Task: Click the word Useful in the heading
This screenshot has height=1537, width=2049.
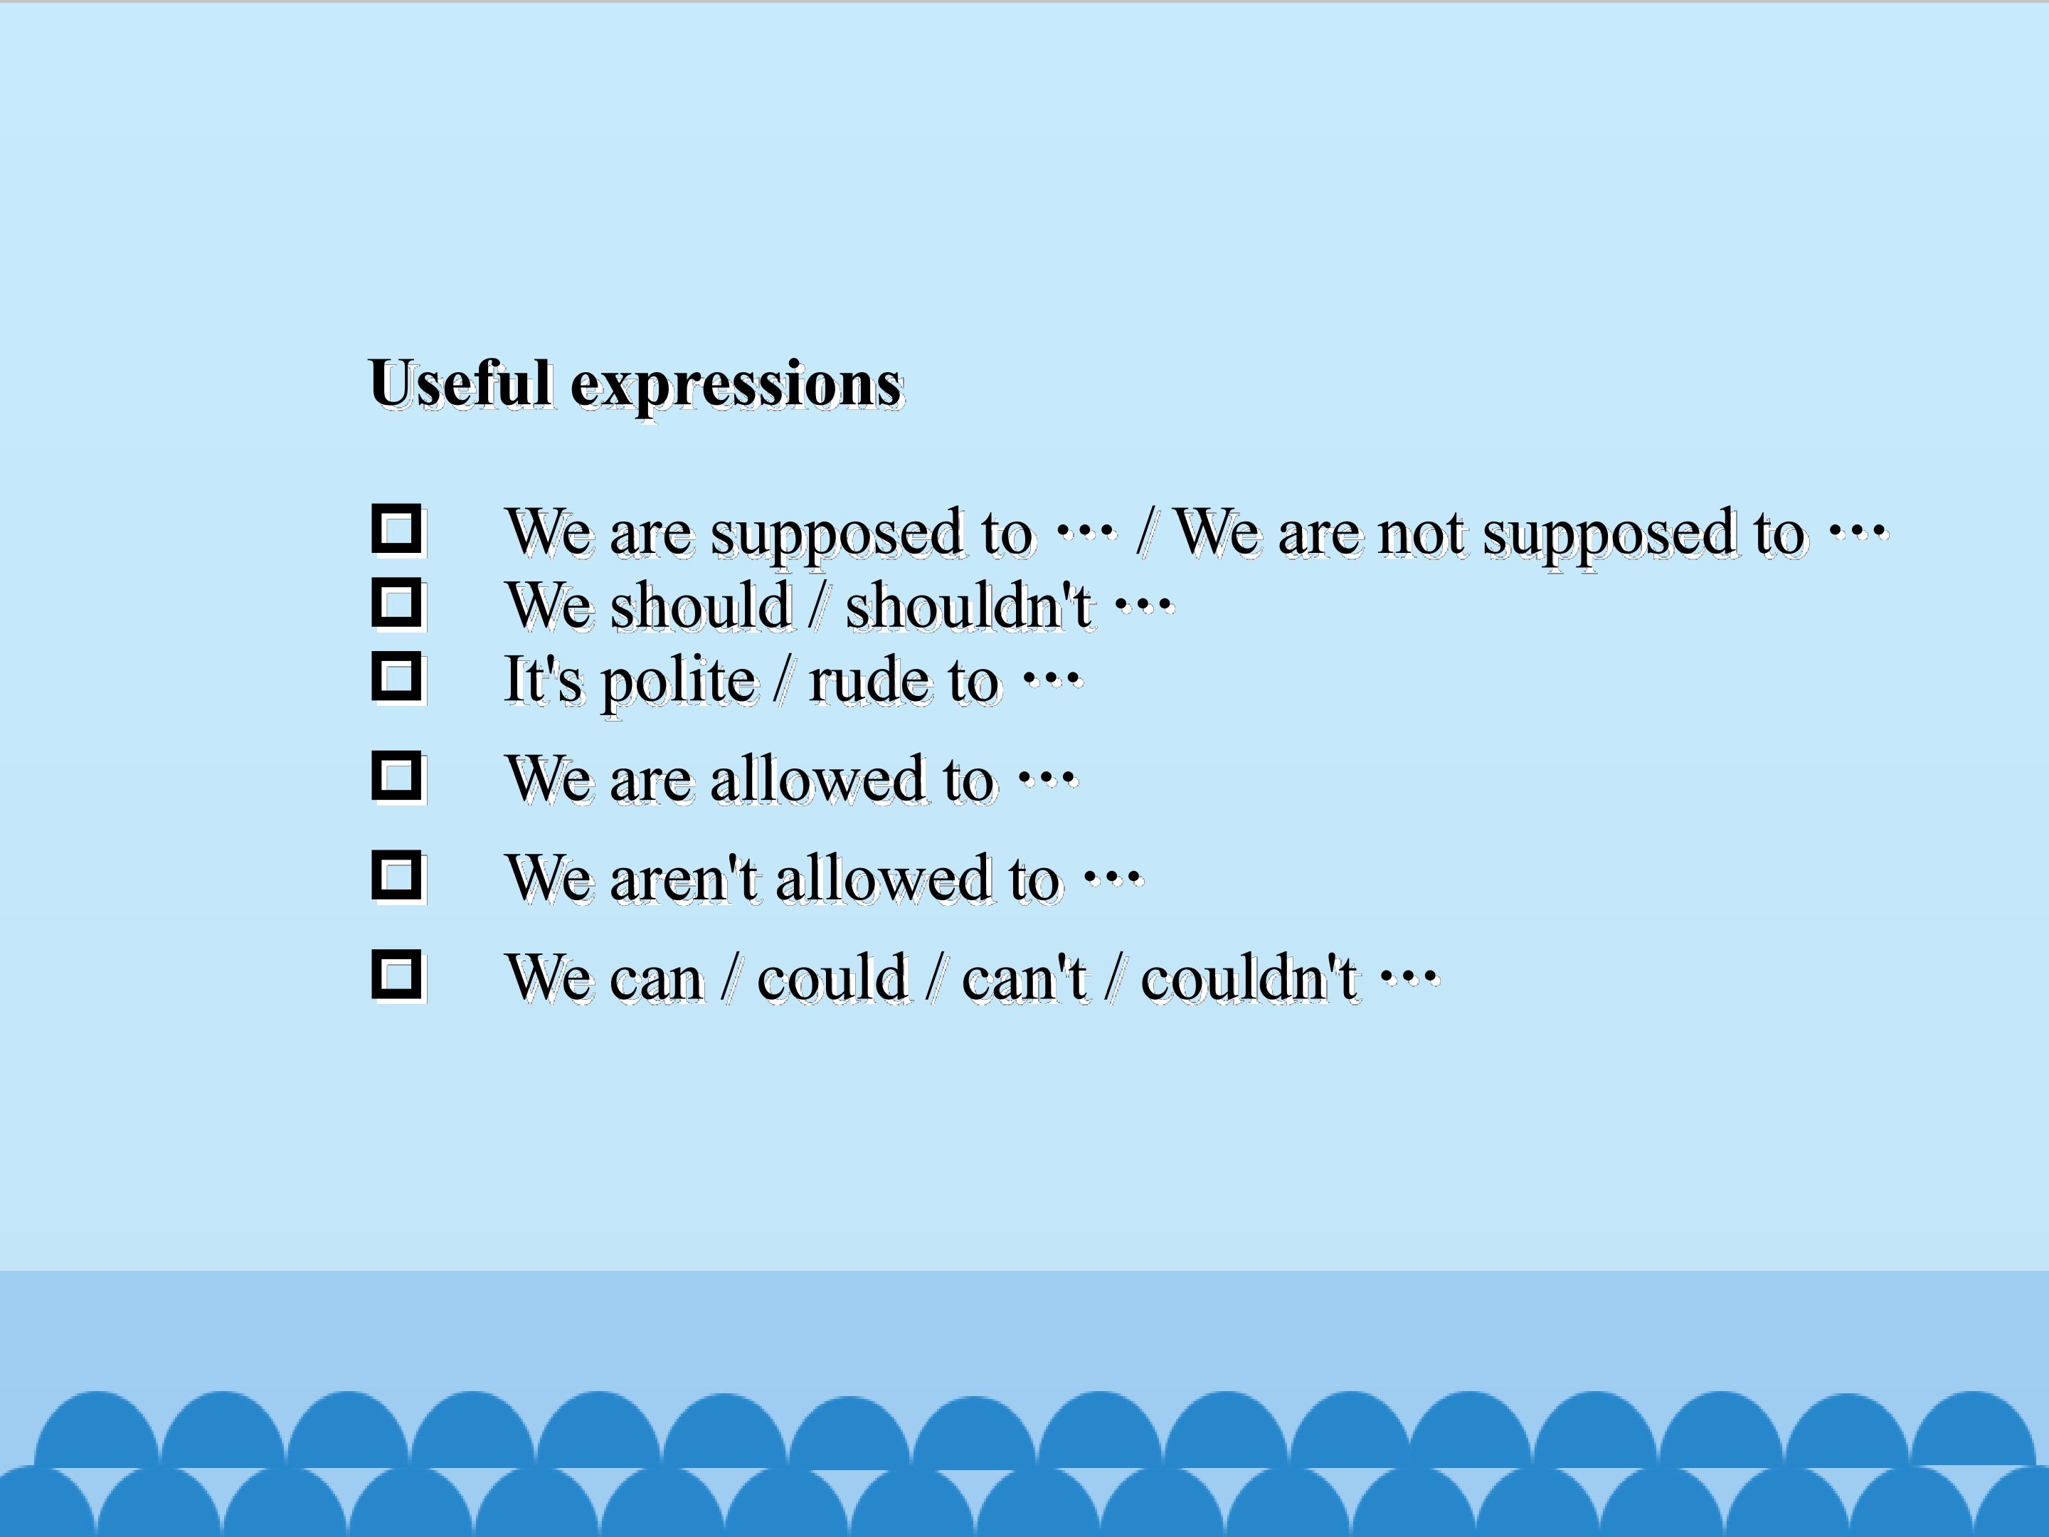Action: click(x=460, y=384)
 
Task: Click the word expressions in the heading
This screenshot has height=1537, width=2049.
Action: click(x=736, y=386)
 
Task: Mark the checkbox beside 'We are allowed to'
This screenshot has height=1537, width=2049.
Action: click(x=398, y=776)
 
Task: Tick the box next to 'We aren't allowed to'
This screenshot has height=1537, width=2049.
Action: click(x=398, y=875)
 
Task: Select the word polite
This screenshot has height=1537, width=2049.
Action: click(x=679, y=683)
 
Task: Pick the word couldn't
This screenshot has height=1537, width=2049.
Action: click(x=1248, y=978)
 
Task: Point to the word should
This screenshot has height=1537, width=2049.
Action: click(x=700, y=608)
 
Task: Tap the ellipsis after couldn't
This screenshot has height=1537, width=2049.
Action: click(x=1409, y=976)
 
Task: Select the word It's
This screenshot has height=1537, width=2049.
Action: click(x=543, y=680)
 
